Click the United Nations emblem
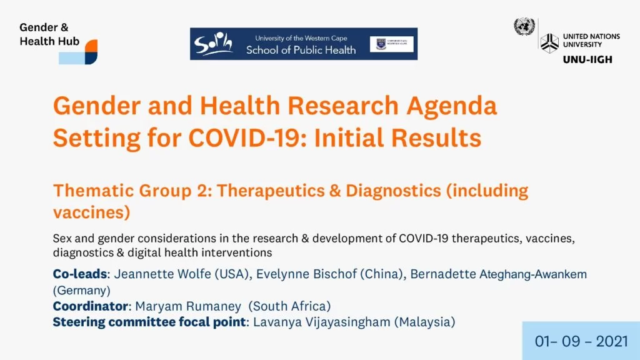(x=524, y=27)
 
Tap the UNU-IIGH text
(x=587, y=59)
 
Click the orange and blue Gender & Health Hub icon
(x=78, y=52)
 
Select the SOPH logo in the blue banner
(x=214, y=44)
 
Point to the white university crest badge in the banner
(x=391, y=44)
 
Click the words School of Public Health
(x=301, y=50)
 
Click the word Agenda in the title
(x=452, y=106)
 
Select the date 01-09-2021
(x=581, y=342)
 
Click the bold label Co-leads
(x=80, y=274)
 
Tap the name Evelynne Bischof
(x=306, y=274)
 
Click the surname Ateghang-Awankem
(x=533, y=274)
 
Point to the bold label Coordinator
(x=91, y=306)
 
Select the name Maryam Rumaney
(x=188, y=306)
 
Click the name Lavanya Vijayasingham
(x=322, y=322)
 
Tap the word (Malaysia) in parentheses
(x=424, y=322)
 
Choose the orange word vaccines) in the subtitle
(x=91, y=212)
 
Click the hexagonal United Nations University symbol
(x=549, y=43)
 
